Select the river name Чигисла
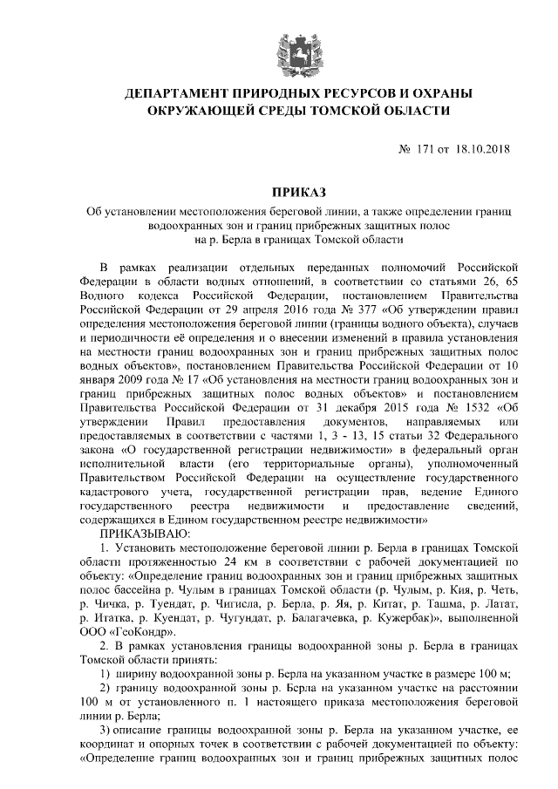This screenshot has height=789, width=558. [x=232, y=602]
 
